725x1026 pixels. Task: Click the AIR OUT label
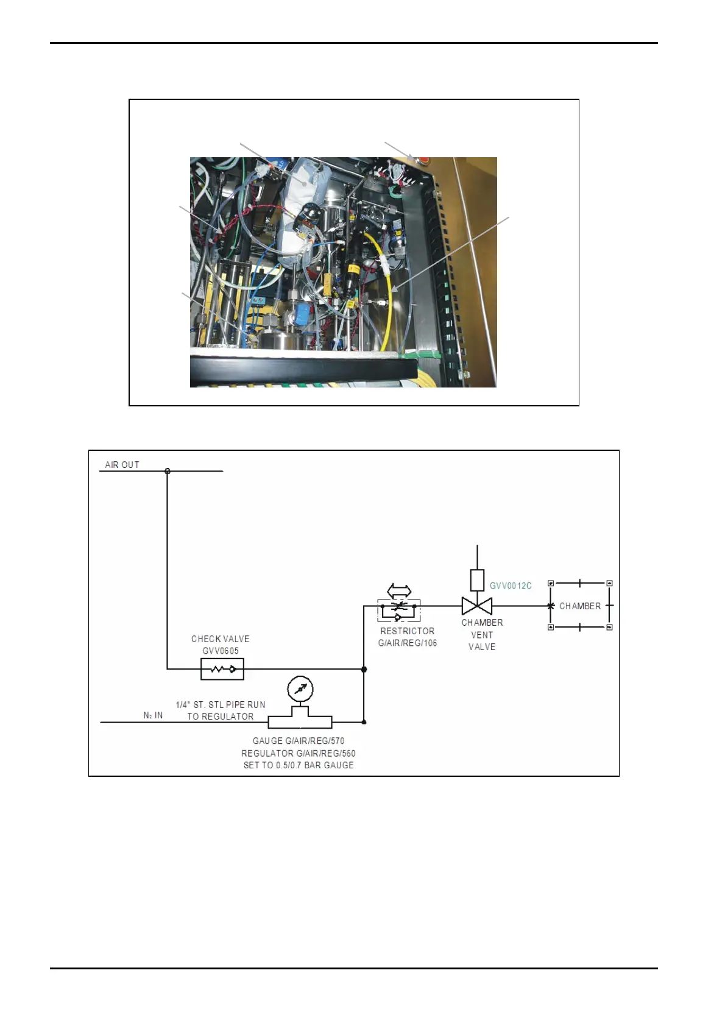coord(122,465)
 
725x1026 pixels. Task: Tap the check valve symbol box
coord(222,670)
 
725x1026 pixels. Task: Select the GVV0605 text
coord(221,651)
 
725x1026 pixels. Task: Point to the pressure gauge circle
coord(300,690)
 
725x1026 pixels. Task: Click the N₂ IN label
coord(153,715)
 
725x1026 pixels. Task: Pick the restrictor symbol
coord(398,610)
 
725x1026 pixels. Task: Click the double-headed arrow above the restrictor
coord(399,590)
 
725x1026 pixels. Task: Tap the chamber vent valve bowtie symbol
coord(477,606)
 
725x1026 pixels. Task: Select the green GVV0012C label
coord(511,586)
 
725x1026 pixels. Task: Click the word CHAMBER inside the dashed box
coord(580,606)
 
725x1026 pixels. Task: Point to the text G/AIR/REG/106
coord(408,643)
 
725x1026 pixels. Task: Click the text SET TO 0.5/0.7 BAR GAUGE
coord(299,765)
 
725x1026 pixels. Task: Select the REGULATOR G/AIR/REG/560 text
coord(299,753)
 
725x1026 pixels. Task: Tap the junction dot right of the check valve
coord(364,670)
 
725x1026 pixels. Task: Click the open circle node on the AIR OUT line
coord(168,471)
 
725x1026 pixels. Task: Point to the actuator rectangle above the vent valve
coord(477,579)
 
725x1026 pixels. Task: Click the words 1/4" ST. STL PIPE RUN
coord(221,705)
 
